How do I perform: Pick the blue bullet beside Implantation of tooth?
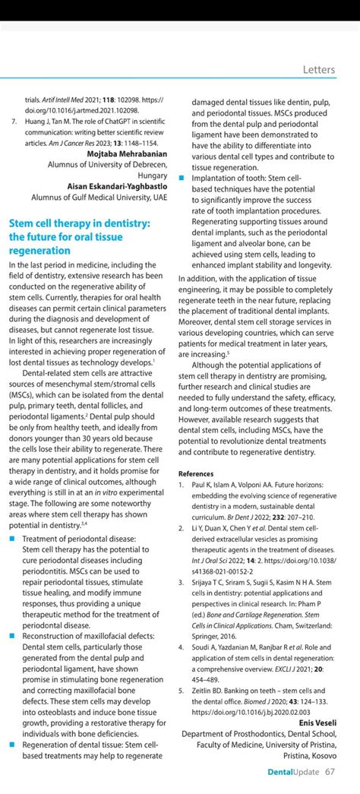coord(182,177)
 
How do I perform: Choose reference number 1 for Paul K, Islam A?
coord(181,484)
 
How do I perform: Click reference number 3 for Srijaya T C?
coord(181,582)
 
